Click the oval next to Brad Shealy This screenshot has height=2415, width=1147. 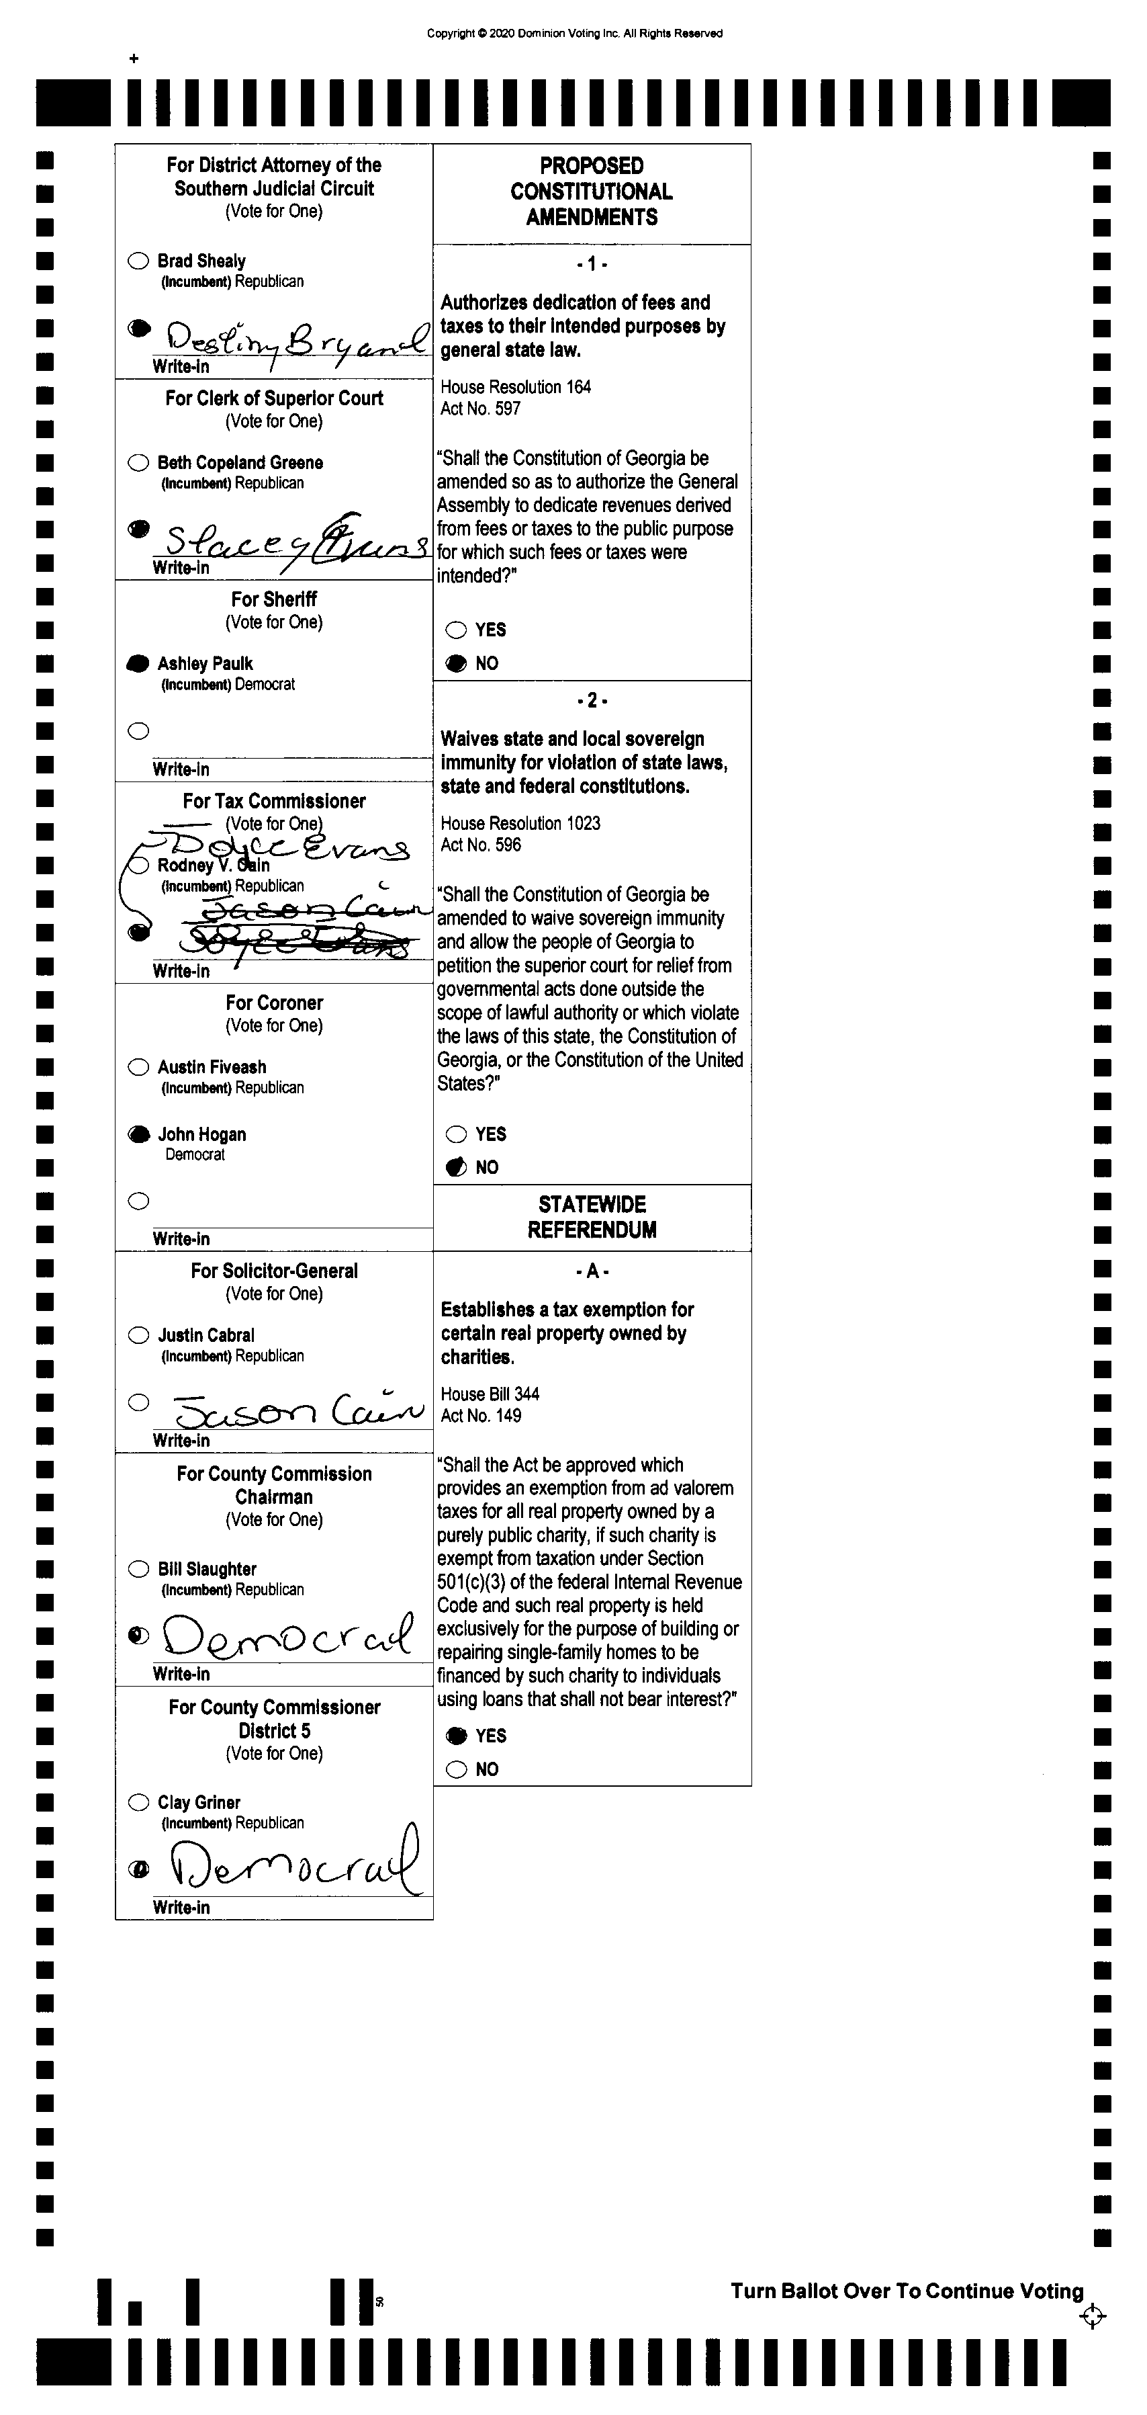coord(139,261)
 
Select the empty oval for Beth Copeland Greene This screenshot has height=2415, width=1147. coord(139,462)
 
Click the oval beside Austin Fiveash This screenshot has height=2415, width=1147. coord(139,1067)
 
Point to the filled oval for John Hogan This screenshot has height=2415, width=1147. coord(139,1134)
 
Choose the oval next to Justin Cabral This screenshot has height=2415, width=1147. coord(139,1335)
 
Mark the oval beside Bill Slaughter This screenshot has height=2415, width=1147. coord(139,1568)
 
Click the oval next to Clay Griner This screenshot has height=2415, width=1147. coord(139,1802)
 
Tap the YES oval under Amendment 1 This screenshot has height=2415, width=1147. coord(457,630)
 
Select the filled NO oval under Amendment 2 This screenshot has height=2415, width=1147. coord(457,1167)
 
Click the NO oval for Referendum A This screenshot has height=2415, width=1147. coord(457,1769)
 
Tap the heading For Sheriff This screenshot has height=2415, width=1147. coord(273,599)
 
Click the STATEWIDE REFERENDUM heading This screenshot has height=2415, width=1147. coord(592,1217)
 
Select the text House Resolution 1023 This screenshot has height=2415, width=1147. coord(520,823)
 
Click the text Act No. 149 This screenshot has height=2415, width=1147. coord(481,1416)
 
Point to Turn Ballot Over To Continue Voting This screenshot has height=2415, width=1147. coord(906,2291)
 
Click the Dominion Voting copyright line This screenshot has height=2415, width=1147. coord(574,34)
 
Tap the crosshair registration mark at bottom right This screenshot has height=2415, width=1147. coord(1092,2317)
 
